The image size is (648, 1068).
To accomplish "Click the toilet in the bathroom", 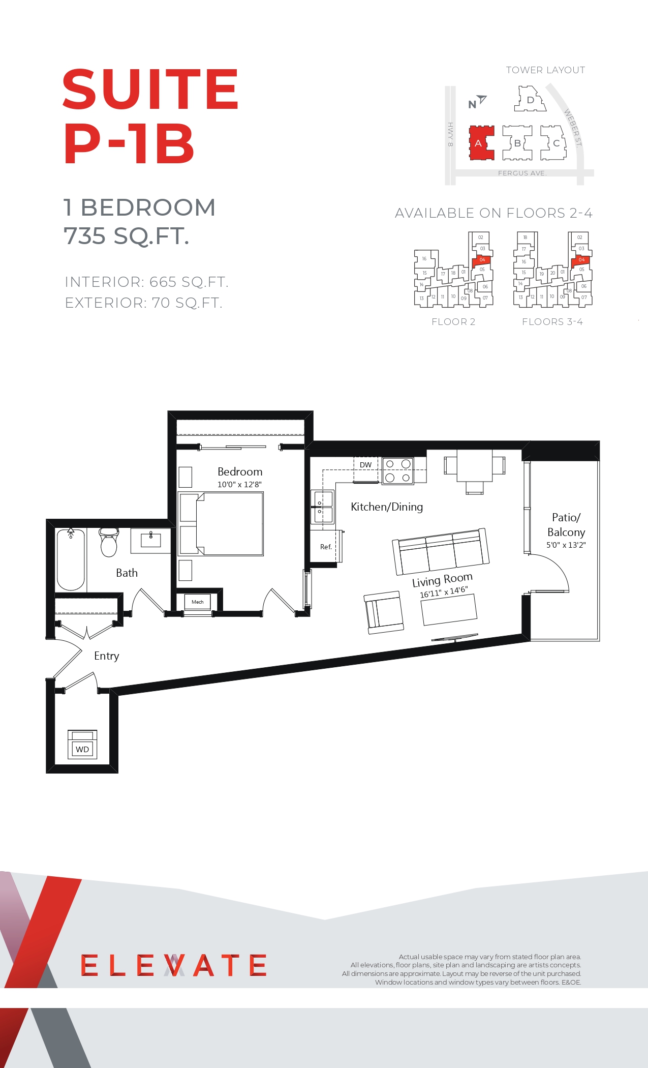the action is tap(109, 542).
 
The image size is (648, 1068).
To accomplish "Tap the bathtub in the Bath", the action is tap(71, 559).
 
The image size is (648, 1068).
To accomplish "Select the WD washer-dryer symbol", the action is tap(82, 744).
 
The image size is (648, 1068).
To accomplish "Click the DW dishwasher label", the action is tap(366, 465).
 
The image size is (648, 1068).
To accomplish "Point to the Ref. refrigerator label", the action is tap(326, 547).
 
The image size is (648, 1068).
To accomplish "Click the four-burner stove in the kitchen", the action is tap(398, 470).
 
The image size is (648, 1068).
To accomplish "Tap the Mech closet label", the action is tap(198, 602).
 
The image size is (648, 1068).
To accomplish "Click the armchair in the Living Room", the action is tap(384, 612).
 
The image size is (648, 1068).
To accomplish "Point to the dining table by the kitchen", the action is tap(475, 466).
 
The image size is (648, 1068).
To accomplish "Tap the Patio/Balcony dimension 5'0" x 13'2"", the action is tap(566, 545).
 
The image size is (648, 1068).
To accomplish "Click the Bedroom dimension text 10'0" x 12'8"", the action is tap(239, 484).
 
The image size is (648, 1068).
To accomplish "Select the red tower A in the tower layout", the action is tap(481, 143).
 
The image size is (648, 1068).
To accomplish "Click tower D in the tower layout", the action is tap(530, 99).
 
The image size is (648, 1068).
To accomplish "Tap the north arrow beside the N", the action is tap(481, 99).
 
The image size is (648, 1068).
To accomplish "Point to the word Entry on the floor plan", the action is tap(107, 656).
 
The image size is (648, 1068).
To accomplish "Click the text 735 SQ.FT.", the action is tap(127, 236).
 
